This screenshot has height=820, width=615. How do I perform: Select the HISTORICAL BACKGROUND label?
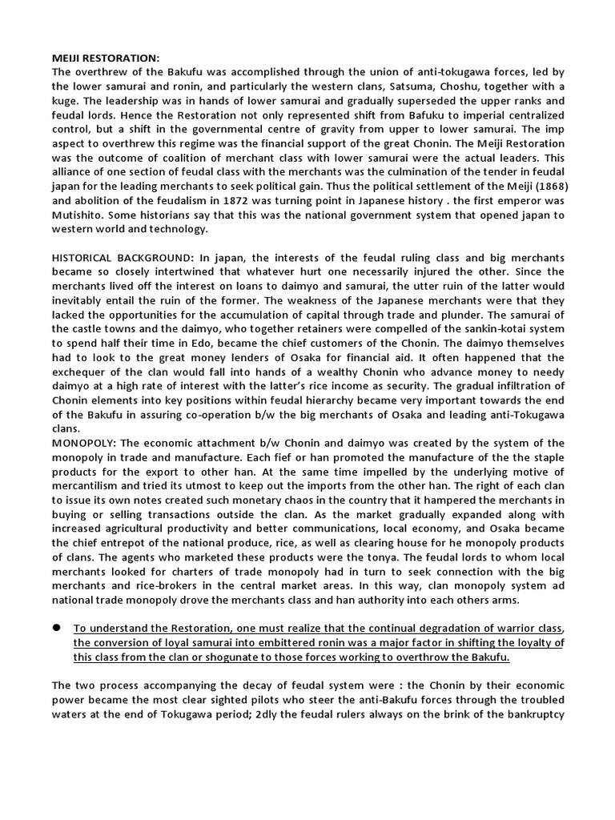pyautogui.click(x=119, y=257)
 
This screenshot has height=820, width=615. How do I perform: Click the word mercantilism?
pyautogui.click(x=90, y=486)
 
